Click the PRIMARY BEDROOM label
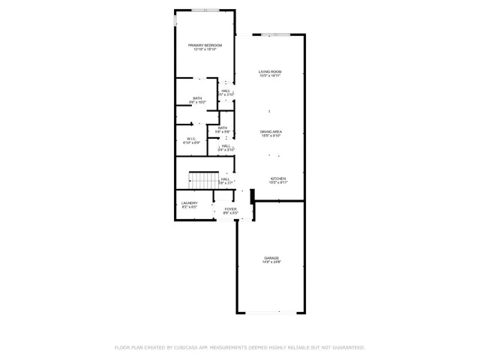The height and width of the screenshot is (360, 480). (x=205, y=45)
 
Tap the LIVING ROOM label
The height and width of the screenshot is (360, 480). (x=270, y=71)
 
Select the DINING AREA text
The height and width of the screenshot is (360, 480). (x=270, y=131)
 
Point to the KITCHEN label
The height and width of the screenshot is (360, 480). (x=278, y=178)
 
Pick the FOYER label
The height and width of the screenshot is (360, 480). (x=230, y=209)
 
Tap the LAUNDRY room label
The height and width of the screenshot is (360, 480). (x=189, y=202)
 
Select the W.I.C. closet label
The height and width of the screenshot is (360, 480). (x=191, y=139)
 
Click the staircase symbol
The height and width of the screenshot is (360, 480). (x=200, y=181)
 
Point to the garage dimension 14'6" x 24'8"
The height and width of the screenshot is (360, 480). (x=271, y=262)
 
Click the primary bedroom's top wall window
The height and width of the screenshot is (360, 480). (x=205, y=10)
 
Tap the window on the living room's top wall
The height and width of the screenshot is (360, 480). (x=271, y=34)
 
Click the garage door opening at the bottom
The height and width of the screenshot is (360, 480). (x=271, y=312)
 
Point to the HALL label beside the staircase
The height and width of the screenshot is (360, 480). (x=225, y=178)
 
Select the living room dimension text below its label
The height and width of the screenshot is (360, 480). (x=270, y=76)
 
